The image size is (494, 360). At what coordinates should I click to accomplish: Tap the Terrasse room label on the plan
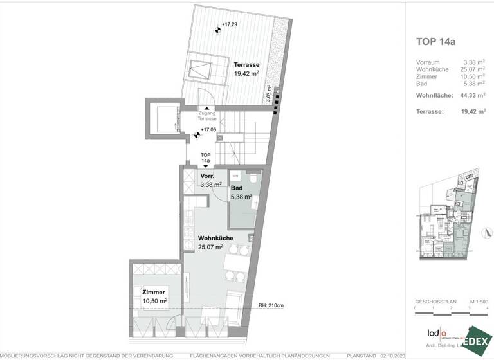tap(247, 65)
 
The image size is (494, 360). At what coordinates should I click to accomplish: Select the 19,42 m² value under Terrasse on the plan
tap(247, 73)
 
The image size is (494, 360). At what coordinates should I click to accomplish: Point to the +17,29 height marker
tap(228, 25)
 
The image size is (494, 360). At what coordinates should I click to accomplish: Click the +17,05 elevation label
tap(208, 129)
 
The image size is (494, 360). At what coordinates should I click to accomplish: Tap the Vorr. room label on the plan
tap(207, 176)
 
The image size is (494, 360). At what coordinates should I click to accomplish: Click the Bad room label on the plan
tap(236, 188)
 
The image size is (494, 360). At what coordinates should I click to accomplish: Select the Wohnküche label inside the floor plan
tap(215, 237)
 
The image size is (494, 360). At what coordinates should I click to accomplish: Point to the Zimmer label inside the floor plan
tap(154, 292)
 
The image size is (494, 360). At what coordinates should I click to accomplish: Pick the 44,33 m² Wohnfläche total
tap(473, 95)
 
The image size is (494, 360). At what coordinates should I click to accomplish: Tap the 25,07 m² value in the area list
tap(475, 69)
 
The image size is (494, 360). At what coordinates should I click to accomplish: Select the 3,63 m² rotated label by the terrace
tap(268, 96)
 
